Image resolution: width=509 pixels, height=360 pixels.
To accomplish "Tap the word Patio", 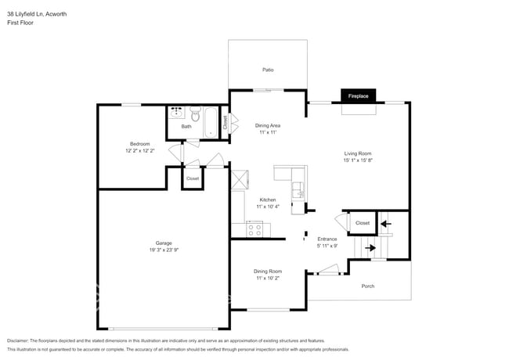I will (x=268, y=70).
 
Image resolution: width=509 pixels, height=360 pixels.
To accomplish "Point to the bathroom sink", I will (x=177, y=112).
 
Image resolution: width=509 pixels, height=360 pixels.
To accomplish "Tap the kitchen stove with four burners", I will (x=254, y=229).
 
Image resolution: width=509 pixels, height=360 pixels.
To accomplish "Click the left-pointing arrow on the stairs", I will (x=384, y=224).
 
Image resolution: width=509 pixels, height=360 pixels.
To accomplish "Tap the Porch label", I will (x=367, y=286).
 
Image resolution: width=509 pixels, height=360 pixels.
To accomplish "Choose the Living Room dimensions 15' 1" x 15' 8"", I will (x=358, y=161).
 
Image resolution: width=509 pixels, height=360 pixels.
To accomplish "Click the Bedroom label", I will (x=139, y=143).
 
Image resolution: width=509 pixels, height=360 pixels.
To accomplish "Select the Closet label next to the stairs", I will (x=362, y=223).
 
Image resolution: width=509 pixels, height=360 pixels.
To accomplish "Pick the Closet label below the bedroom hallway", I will (x=193, y=178).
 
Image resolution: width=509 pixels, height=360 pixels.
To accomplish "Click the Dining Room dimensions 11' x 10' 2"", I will (x=268, y=279).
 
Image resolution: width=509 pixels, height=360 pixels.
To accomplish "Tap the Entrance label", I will (x=327, y=239).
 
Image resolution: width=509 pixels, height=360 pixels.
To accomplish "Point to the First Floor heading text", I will (x=21, y=23).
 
